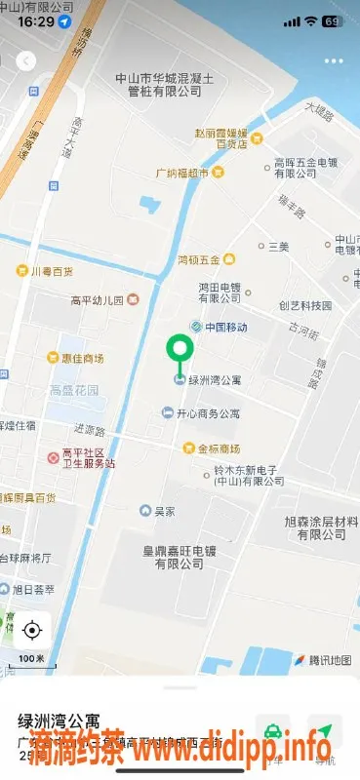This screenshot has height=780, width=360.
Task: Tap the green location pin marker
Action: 179,350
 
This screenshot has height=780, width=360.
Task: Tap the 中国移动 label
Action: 226,327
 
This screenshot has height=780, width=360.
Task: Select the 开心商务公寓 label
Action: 207,413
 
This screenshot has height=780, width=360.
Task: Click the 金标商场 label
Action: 219,448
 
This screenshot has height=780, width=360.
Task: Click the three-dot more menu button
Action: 334,60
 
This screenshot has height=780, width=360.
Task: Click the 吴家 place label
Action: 164,510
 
